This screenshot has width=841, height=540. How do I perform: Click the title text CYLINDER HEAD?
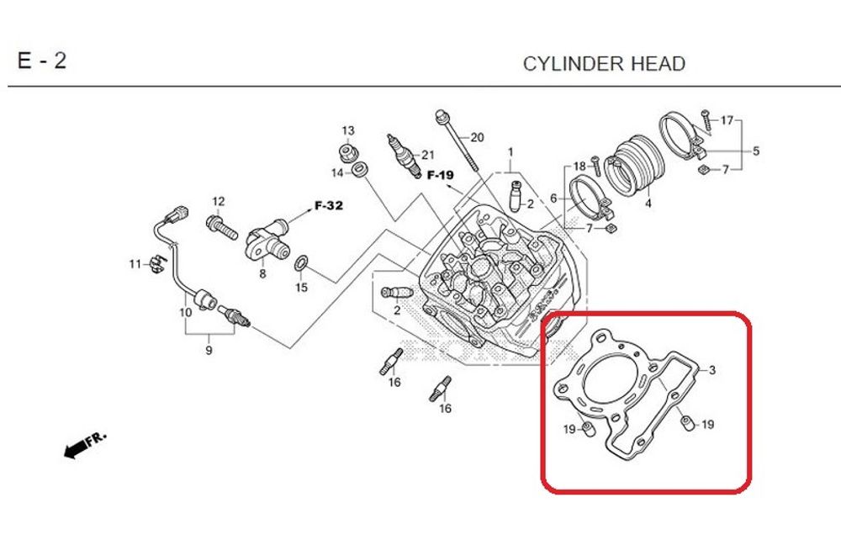click(x=604, y=64)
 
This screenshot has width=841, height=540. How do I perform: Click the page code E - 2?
click(x=41, y=61)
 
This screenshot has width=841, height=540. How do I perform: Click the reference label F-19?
click(x=440, y=176)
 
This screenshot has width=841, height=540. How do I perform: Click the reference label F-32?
click(x=329, y=205)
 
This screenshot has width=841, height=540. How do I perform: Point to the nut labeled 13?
click(x=346, y=152)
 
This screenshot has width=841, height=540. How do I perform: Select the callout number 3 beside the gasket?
click(x=711, y=370)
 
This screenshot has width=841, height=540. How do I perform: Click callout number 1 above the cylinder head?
click(x=510, y=152)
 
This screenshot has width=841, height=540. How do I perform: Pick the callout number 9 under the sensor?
click(x=209, y=350)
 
